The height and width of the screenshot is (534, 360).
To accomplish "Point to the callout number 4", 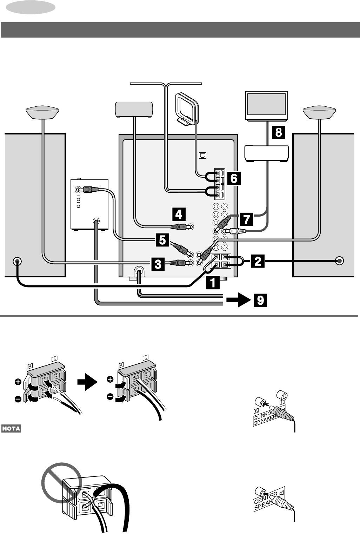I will click(179, 214).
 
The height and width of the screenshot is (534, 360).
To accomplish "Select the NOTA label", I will click(11, 428).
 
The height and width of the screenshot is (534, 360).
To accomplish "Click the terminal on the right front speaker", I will click(339, 261).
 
